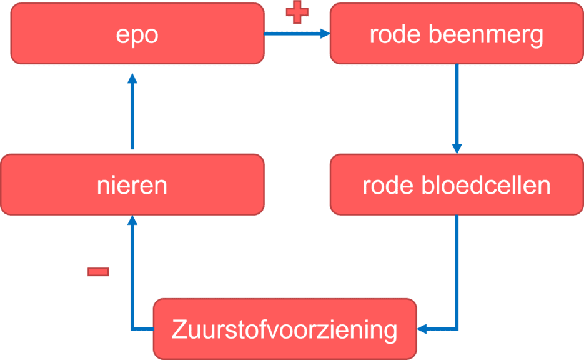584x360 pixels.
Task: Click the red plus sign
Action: tap(297, 12)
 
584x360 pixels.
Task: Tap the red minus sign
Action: tap(98, 272)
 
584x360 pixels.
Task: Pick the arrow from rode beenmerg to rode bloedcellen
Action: tap(457, 106)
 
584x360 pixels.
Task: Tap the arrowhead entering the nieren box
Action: tap(132, 221)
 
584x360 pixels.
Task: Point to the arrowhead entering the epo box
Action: tap(132, 78)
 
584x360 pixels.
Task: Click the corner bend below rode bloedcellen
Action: tap(457, 328)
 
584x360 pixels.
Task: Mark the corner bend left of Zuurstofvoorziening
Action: tap(132, 328)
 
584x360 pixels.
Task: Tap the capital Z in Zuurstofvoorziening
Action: tap(177, 329)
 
